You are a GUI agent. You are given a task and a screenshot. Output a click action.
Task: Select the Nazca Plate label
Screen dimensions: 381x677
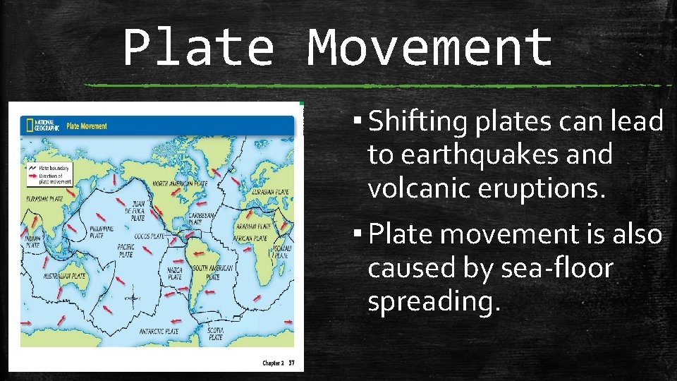click(175, 272)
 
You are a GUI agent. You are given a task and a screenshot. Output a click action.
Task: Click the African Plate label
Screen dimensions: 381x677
click(252, 238)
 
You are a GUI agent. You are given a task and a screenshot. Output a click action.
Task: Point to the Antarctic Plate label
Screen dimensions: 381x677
click(159, 331)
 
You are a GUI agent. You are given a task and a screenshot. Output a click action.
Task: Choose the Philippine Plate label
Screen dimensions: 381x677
click(102, 231)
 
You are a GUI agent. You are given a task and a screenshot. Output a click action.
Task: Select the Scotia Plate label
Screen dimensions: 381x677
click(215, 333)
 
